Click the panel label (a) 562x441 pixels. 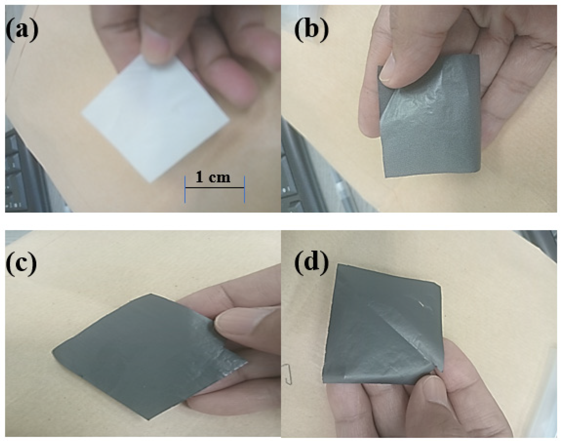coord(22,30)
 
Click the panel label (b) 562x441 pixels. coord(311,30)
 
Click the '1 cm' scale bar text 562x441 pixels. coord(213,178)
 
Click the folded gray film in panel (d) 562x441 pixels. coord(376,337)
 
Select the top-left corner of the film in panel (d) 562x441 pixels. coord(338,265)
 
